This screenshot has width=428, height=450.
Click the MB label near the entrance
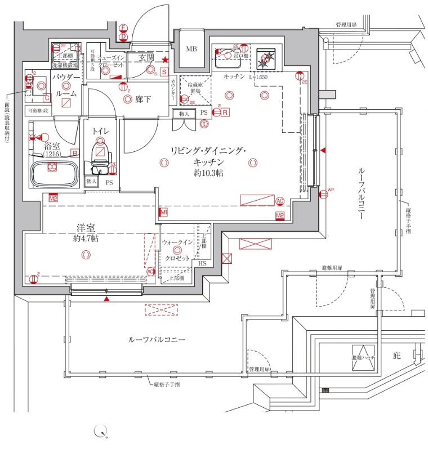(x=192, y=49)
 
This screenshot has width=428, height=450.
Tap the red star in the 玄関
(x=164, y=60)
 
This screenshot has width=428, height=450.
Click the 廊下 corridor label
(x=142, y=100)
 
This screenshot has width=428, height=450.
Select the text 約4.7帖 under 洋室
(x=86, y=238)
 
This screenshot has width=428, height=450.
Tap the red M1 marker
(x=164, y=212)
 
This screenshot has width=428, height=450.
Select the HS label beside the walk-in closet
(x=202, y=263)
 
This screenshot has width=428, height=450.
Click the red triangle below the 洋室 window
(x=106, y=298)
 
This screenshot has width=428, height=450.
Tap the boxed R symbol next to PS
(x=225, y=112)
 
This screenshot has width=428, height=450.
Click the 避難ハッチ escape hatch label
(x=363, y=358)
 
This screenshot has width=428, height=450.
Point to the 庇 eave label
(x=396, y=355)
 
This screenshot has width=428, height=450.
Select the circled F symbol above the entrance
(x=123, y=26)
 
